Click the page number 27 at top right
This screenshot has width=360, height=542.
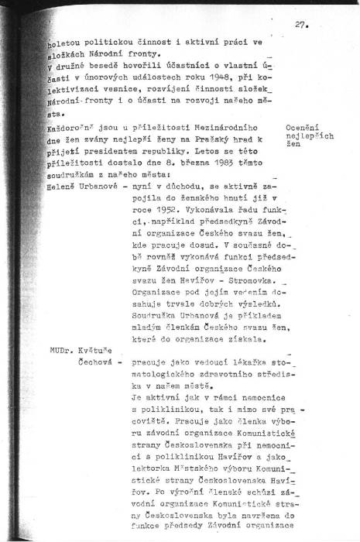click(301, 24)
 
